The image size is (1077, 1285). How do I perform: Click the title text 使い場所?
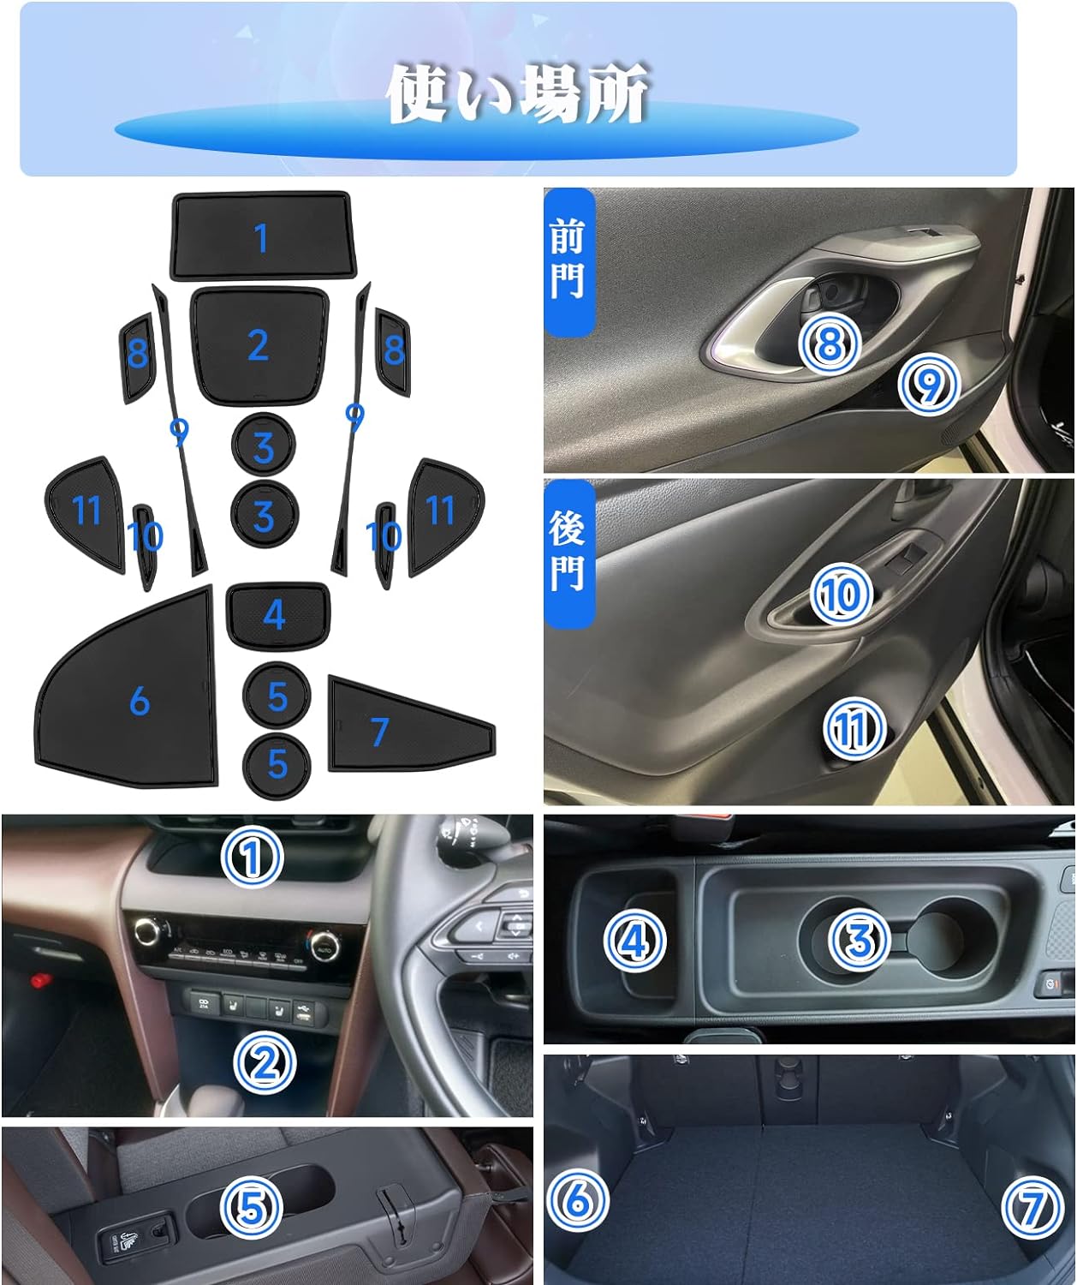[516, 93]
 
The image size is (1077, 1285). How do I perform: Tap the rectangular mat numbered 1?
[263, 237]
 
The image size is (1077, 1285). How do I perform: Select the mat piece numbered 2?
[259, 344]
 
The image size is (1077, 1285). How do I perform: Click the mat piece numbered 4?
[277, 614]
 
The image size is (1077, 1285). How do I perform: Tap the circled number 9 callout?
[928, 385]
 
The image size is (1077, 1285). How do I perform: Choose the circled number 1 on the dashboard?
[252, 857]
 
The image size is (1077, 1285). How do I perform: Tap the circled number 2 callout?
[265, 1063]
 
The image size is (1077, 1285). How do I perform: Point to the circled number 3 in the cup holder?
[859, 940]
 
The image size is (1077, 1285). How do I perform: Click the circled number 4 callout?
[634, 941]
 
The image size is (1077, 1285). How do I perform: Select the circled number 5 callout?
[252, 1207]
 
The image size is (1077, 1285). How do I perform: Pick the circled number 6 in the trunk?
[577, 1201]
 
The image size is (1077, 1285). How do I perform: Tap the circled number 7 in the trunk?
[1032, 1207]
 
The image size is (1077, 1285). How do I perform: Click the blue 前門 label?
[569, 261]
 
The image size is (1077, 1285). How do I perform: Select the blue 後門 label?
[569, 554]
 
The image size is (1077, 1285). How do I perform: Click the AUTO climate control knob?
[324, 947]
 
